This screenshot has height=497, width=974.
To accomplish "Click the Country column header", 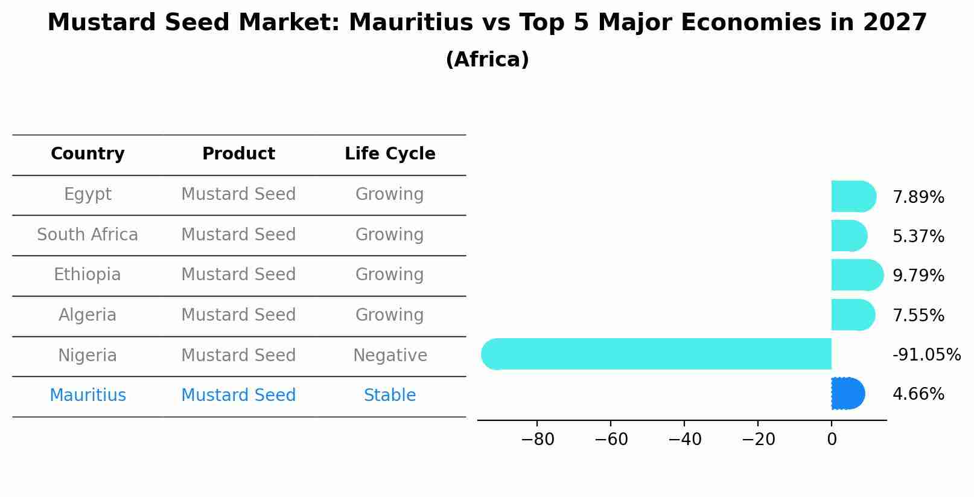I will (x=88, y=154).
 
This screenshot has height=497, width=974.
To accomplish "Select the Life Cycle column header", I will (x=390, y=154).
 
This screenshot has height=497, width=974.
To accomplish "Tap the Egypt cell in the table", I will (x=88, y=194).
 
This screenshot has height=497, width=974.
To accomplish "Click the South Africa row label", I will (x=88, y=234).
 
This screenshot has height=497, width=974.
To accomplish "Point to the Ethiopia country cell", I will (x=88, y=275).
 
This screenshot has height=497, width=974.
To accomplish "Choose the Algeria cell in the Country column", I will (x=88, y=315).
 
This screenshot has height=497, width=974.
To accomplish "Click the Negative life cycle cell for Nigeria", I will (x=390, y=355).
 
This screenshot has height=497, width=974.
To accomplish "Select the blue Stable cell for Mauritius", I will (x=390, y=396).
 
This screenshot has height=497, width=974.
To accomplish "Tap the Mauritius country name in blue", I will (x=88, y=396).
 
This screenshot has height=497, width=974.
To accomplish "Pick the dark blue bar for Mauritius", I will (x=847, y=394).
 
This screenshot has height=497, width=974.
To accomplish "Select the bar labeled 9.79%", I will (x=856, y=275).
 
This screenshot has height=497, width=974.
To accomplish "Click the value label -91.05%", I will (x=926, y=355).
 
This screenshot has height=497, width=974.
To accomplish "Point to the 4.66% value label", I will (x=918, y=394).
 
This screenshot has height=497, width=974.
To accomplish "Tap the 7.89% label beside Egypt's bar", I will (x=918, y=197).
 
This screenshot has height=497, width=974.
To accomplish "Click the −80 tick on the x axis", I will (x=537, y=440).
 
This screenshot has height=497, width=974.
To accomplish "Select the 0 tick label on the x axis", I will (x=832, y=440).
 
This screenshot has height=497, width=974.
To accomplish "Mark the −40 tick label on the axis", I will (x=684, y=440).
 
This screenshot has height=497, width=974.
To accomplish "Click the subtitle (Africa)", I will (x=487, y=60).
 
